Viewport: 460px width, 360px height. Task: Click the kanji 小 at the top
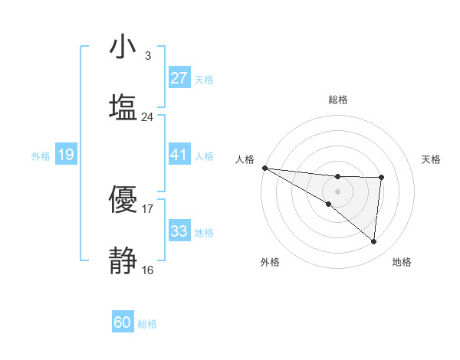coord(123,48)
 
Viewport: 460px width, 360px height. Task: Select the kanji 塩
coord(123,108)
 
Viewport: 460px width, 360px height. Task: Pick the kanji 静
coord(123,260)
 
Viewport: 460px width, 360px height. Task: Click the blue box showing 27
coord(179,78)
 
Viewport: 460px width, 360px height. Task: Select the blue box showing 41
coord(179,155)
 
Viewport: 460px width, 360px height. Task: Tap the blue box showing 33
coord(179,231)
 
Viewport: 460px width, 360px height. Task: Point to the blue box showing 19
coord(65,155)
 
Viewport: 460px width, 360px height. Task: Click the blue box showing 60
coord(123,322)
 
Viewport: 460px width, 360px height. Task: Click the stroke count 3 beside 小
coord(147,56)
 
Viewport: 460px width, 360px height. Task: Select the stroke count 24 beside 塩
coord(147,116)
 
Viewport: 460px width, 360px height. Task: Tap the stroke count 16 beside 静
coord(147,269)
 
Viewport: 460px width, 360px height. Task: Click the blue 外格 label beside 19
coord(41,156)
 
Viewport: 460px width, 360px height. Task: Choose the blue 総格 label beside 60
coord(147,323)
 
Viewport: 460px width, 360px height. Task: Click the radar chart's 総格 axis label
coord(337,100)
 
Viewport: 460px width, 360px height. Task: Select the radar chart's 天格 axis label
coord(432,159)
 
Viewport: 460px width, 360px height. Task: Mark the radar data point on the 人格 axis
coord(264,168)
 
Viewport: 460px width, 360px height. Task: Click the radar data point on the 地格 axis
coord(374,242)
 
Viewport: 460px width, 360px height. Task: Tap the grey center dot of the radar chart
coord(337,191)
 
